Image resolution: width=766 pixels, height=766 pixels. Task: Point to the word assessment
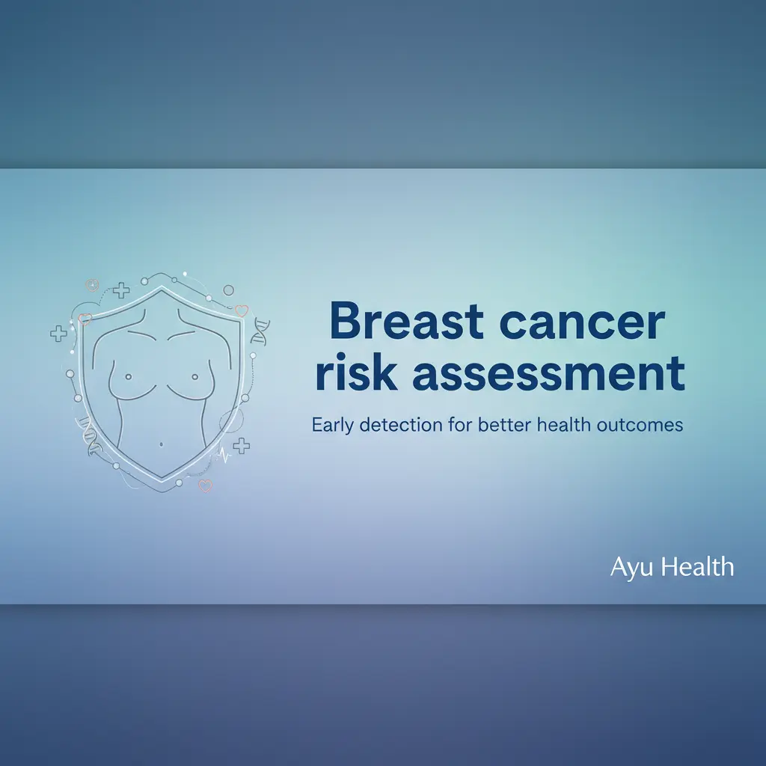[x=548, y=374]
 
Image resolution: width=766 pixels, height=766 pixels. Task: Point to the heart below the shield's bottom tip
[x=205, y=485]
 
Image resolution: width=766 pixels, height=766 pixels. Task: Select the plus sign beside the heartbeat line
[x=241, y=446]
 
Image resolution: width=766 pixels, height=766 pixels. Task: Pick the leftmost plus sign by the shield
[x=58, y=334]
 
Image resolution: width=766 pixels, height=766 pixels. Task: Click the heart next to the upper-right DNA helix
[x=240, y=310]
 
